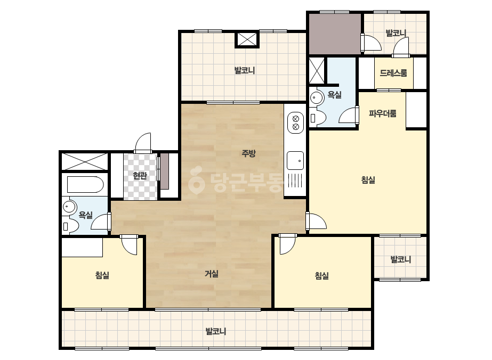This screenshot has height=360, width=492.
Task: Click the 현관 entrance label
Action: tap(140, 176)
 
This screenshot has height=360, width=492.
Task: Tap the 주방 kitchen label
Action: tap(248, 153)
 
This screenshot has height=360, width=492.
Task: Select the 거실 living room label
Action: tap(212, 274)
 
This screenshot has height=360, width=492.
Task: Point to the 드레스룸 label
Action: tap(393, 73)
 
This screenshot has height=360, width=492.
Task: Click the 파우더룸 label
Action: tap(383, 113)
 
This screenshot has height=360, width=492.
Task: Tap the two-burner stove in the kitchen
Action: tap(296, 122)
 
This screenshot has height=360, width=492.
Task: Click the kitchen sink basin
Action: tap(295, 160)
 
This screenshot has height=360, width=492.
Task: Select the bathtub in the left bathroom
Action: tap(85, 185)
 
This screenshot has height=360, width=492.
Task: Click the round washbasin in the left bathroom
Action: tap(69, 207)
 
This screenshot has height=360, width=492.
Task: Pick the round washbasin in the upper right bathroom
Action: tap(317, 97)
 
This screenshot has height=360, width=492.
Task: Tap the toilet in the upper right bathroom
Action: tap(318, 118)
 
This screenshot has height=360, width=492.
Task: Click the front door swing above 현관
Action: tap(143, 143)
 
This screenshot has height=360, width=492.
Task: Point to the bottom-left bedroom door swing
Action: tap(129, 244)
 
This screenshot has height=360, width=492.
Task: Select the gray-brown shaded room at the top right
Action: tap(335, 34)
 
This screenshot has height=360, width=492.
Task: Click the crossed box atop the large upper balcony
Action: tap(247, 39)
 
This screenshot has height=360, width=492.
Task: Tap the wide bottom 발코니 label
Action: tap(216, 331)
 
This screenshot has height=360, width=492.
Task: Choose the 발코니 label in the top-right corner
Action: tap(396, 32)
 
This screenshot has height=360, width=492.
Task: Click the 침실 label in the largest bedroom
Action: tap(368, 179)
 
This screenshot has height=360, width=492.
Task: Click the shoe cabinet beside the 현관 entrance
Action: tap(165, 171)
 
